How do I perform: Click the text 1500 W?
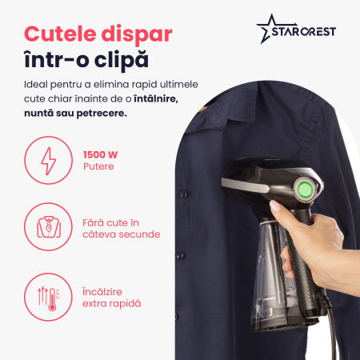[x=102, y=154]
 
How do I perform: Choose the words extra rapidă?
[x=112, y=303]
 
